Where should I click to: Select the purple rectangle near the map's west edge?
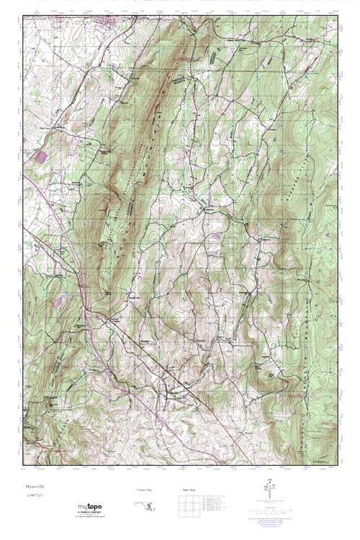[40, 156]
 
